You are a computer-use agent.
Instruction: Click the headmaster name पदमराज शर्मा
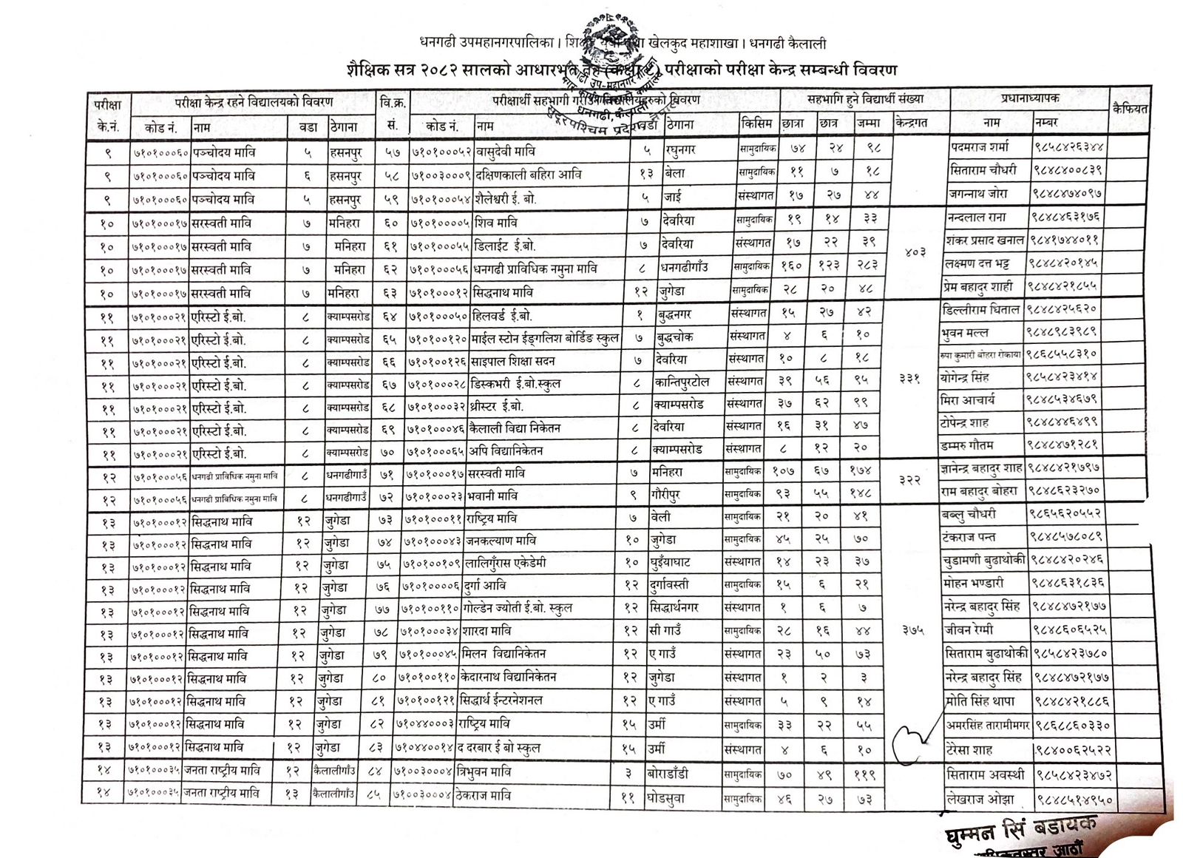click(x=979, y=147)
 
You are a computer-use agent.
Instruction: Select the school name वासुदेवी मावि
click(x=505, y=152)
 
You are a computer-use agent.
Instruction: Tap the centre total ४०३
click(x=915, y=251)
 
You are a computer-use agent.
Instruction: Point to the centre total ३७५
click(x=912, y=630)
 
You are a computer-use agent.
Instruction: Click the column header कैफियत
click(x=1130, y=109)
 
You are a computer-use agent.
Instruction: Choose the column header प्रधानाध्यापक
click(x=1030, y=98)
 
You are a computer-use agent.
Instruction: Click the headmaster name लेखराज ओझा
click(x=980, y=799)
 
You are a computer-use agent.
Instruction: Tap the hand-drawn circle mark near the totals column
click(x=912, y=743)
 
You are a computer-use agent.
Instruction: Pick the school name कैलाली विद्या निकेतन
click(x=517, y=428)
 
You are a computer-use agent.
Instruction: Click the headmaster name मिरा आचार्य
click(x=968, y=400)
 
